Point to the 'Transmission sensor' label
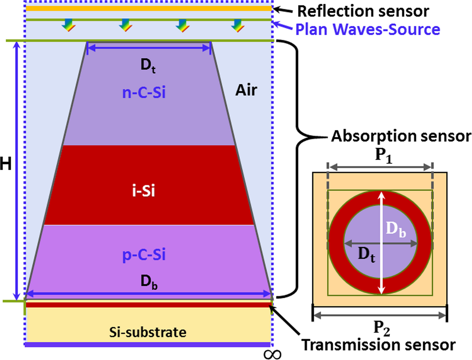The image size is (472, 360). tap(378, 344)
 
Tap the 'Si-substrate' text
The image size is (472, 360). tap(148, 331)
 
